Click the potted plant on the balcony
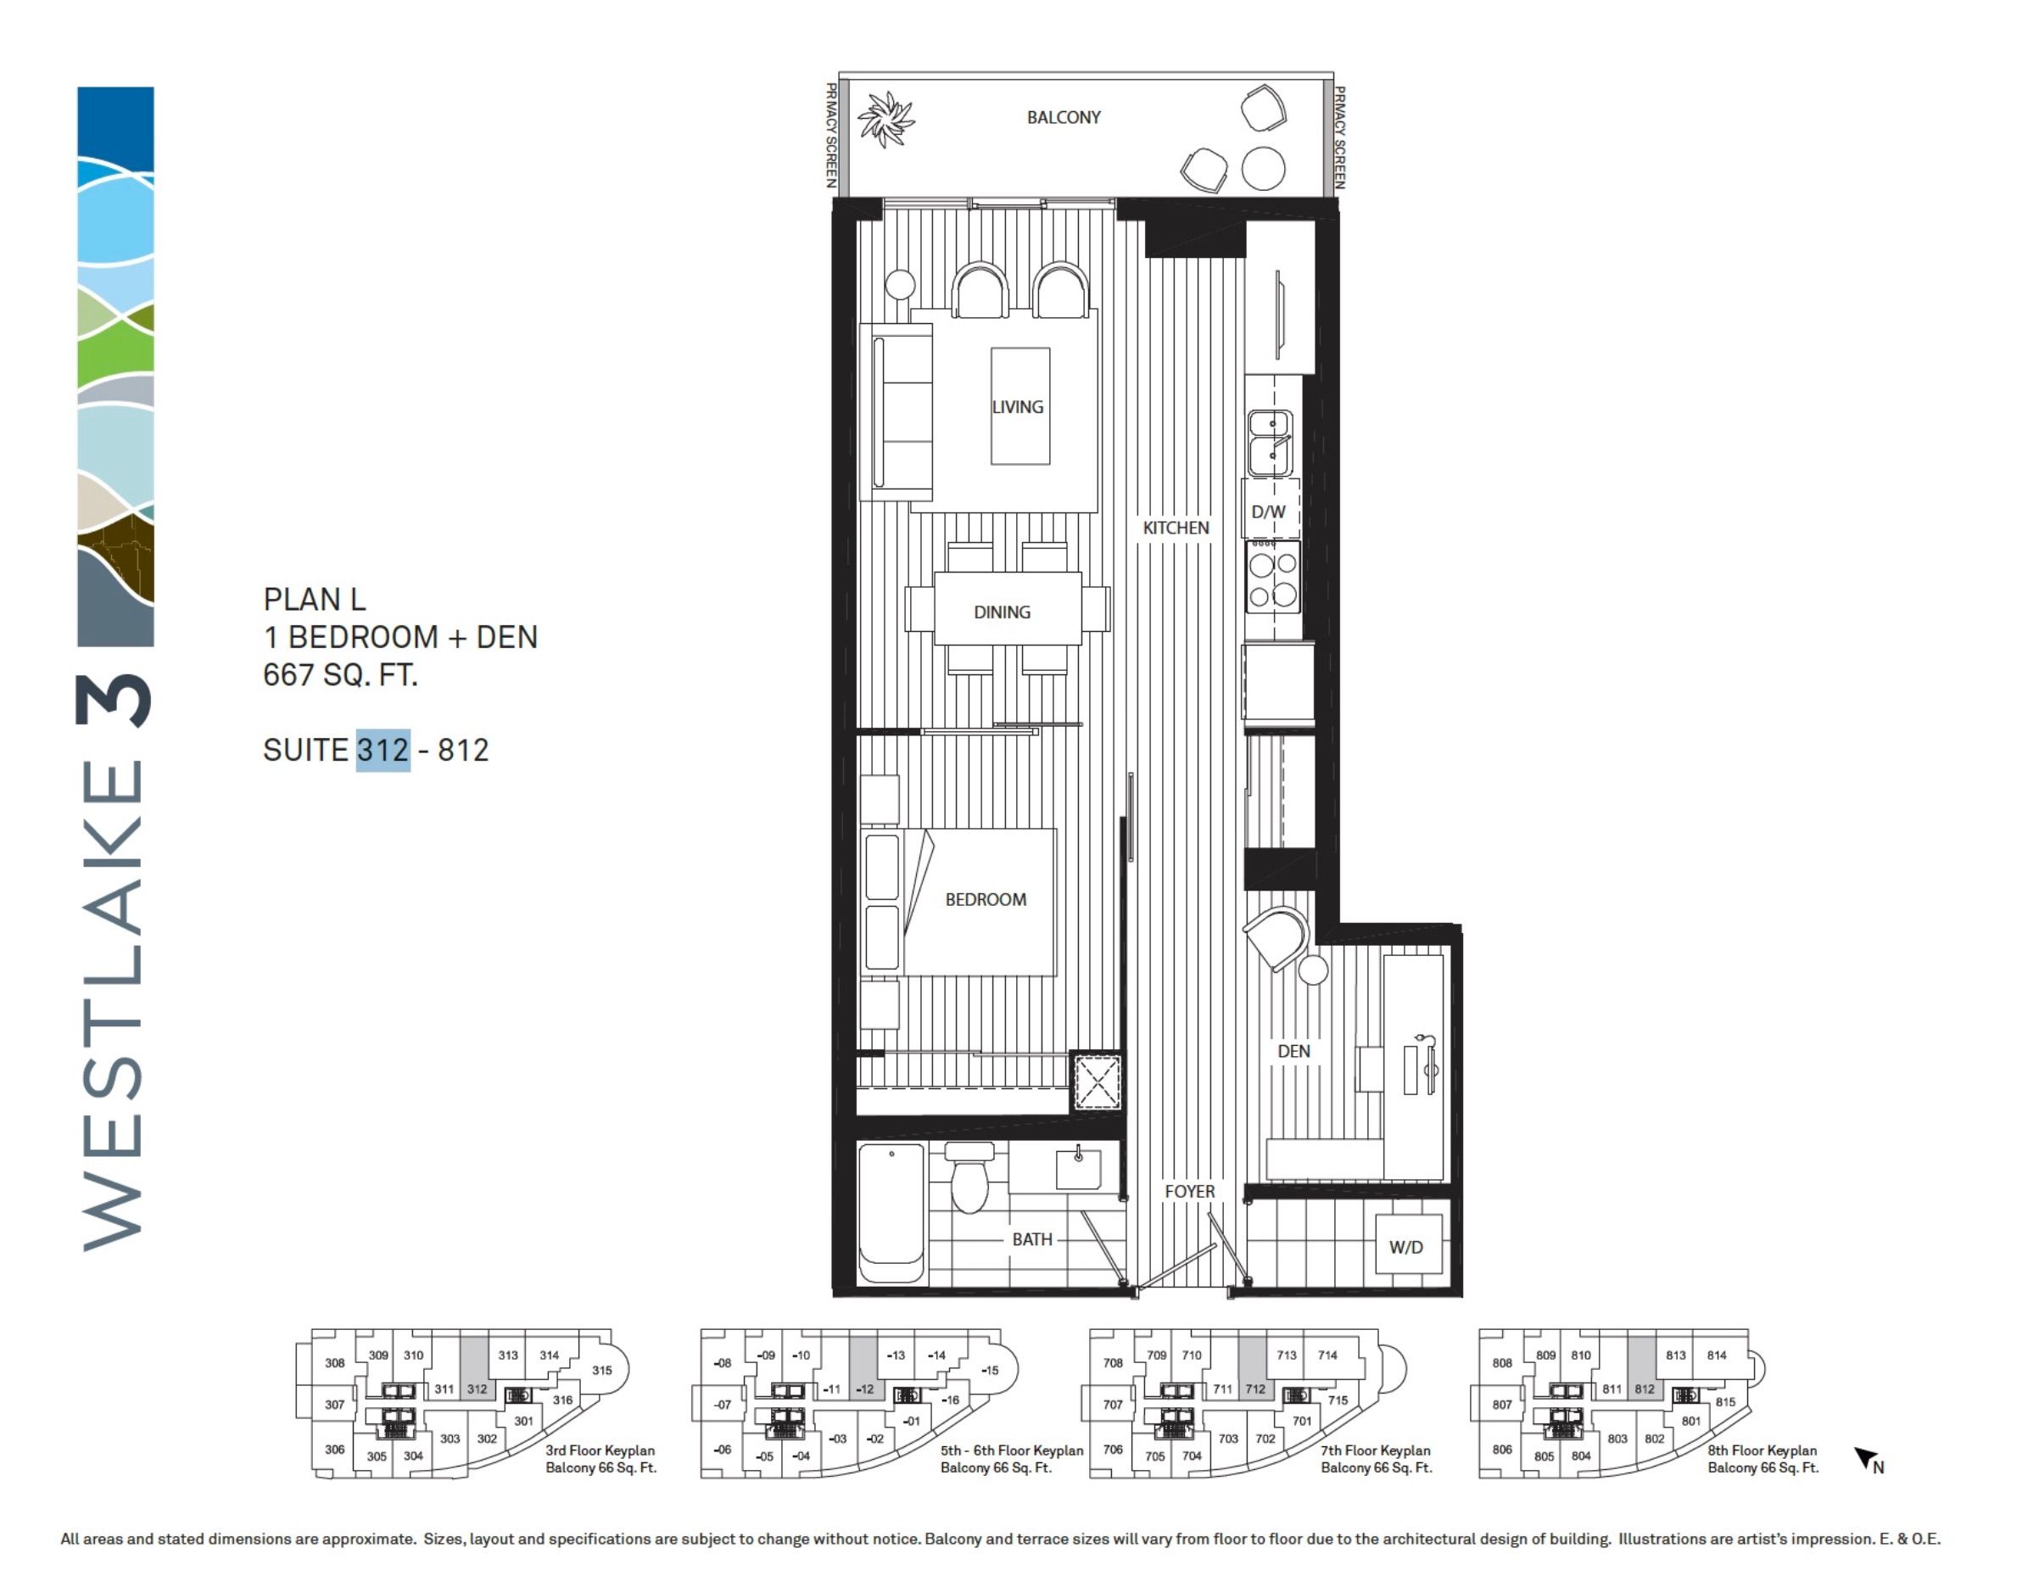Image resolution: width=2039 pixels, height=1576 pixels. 885,120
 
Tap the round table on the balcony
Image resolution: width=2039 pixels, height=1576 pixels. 1262,169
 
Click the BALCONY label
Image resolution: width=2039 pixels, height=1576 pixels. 1064,118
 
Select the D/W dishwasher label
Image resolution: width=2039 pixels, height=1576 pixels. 1268,511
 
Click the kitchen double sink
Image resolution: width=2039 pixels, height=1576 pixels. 1270,443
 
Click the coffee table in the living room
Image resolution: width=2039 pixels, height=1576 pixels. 1019,406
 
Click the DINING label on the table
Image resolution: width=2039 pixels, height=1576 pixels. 1002,612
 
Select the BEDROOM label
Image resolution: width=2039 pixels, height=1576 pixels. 985,899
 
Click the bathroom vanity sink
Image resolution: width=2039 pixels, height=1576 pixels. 1078,1168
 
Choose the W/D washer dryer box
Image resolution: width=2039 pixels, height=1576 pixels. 1407,1246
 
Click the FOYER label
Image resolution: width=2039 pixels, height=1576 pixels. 1189,1192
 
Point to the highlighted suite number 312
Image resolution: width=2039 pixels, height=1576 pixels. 383,750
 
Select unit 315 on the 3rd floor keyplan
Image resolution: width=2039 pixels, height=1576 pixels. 601,1370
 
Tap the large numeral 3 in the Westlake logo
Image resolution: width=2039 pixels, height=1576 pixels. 113,701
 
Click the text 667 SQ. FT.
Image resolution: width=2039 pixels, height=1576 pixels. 340,674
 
